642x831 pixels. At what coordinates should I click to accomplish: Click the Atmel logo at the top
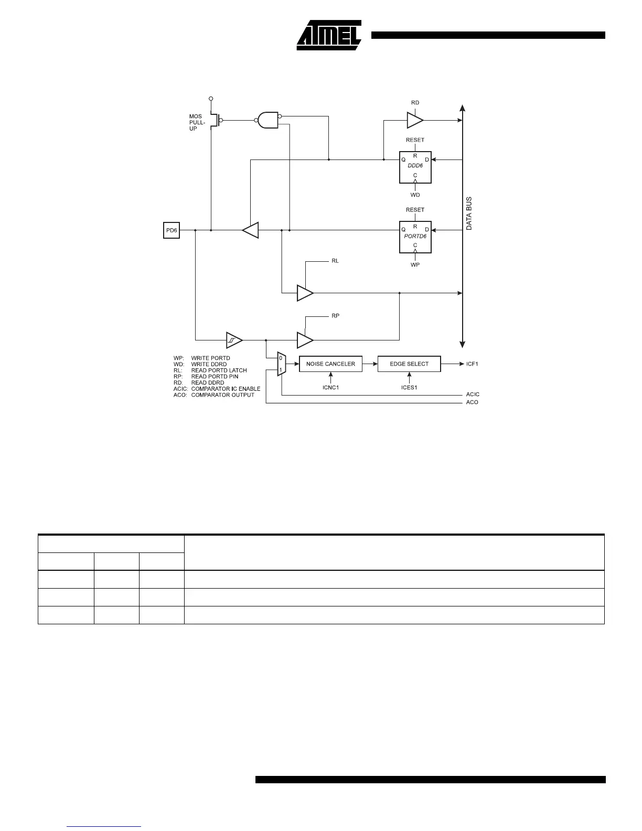click(329, 36)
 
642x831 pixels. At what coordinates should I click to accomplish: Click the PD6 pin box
click(172, 230)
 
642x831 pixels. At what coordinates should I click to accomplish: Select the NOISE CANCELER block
click(330, 364)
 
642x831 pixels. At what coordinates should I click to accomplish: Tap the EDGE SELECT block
click(409, 364)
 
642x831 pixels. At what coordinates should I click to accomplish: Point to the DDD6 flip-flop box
click(415, 167)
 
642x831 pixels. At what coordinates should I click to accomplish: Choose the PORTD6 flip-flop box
click(415, 237)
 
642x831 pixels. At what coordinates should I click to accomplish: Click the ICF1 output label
click(473, 364)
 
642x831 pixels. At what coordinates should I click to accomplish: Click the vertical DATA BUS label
click(469, 214)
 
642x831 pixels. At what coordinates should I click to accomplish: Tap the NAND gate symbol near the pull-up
click(267, 120)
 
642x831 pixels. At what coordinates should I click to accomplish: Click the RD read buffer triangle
click(414, 120)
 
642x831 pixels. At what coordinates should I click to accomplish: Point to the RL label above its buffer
click(335, 261)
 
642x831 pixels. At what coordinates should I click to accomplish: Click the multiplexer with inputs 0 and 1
click(281, 364)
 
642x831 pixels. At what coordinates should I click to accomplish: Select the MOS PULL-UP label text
click(197, 122)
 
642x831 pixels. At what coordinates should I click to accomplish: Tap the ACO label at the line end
click(472, 402)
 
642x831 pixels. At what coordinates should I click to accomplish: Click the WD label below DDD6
click(415, 195)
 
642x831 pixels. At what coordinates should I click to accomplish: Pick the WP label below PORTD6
click(415, 264)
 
